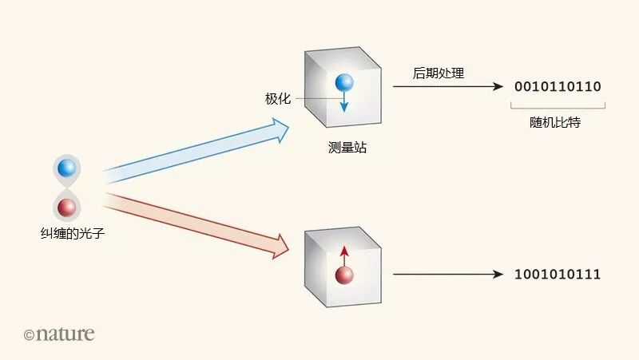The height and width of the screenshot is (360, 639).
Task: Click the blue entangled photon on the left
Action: (67, 168)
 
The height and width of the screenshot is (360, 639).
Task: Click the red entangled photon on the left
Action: (67, 208)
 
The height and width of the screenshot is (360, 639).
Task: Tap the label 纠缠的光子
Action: (67, 235)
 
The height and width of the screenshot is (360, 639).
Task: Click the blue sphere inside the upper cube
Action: (343, 82)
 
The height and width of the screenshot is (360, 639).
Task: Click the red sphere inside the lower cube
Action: (344, 275)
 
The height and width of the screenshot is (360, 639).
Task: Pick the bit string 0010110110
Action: (558, 86)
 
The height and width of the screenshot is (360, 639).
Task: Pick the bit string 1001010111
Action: (558, 275)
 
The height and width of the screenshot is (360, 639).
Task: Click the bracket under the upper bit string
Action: (558, 105)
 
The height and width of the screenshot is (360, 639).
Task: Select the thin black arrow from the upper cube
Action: (447, 86)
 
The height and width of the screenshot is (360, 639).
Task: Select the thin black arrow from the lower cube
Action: (447, 275)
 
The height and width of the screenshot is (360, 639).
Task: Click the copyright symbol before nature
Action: (30, 335)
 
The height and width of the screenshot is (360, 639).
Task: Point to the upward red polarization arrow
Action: (344, 255)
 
